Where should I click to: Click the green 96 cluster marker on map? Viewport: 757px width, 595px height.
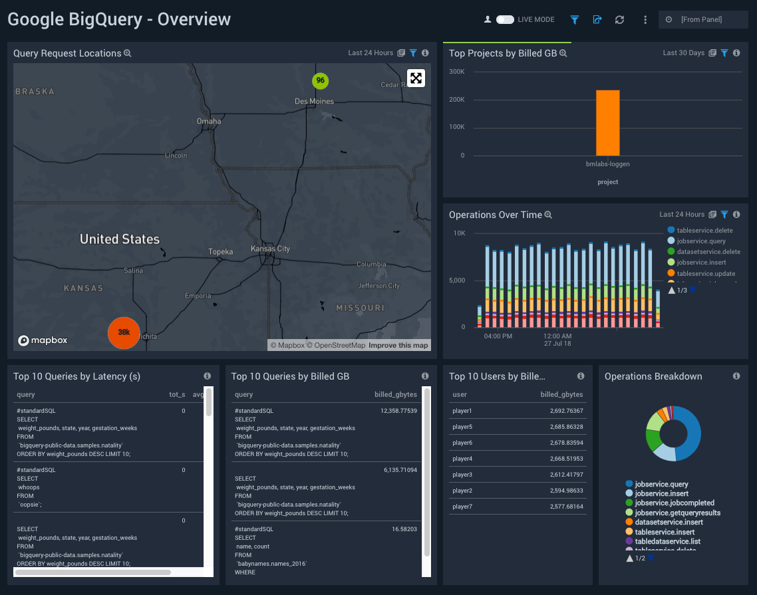[321, 80]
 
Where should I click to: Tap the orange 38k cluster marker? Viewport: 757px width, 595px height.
[124, 332]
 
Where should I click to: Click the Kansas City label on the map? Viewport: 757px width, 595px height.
[270, 249]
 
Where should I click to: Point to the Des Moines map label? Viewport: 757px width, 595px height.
[314, 101]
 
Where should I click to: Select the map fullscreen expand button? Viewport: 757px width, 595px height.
[416, 78]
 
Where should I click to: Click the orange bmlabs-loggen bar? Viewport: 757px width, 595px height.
[607, 123]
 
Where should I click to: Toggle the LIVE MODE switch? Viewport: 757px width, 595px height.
[505, 20]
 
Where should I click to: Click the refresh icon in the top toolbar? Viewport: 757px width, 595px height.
[619, 20]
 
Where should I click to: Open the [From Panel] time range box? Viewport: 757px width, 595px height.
[703, 20]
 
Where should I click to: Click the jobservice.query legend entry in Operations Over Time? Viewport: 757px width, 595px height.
[700, 241]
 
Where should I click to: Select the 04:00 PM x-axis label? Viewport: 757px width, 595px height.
[498, 336]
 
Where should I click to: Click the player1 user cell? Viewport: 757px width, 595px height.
[462, 411]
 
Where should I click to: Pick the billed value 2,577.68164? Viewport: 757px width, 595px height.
[566, 507]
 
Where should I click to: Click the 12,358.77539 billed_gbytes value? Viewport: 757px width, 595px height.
[398, 411]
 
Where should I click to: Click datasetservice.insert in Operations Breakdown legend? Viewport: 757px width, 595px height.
[669, 523]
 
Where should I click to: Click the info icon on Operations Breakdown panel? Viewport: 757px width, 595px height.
[736, 376]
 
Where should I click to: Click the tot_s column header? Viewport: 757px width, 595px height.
[177, 394]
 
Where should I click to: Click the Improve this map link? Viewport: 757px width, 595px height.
[398, 345]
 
